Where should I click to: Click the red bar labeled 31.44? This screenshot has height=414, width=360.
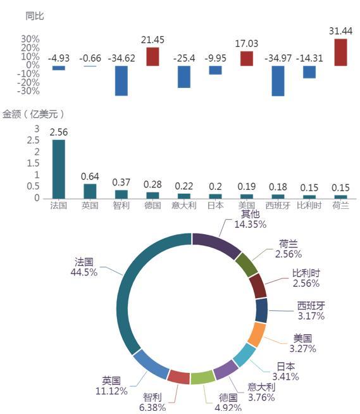pyautogui.click(x=340, y=53)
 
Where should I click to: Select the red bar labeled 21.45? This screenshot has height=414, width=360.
pyautogui.click(x=152, y=56)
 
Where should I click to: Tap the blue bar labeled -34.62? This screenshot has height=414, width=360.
pyautogui.click(x=121, y=80)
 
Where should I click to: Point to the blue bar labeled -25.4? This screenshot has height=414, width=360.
pyautogui.click(x=184, y=77)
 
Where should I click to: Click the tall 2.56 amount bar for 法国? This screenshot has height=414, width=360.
pyautogui.click(x=59, y=169)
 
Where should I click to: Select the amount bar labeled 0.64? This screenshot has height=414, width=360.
pyautogui.click(x=90, y=191)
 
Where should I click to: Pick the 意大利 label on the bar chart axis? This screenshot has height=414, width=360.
pyautogui.click(x=184, y=205)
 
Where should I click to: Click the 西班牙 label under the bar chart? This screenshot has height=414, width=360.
pyautogui.click(x=278, y=205)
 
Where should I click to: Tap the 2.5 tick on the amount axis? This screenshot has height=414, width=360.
pyautogui.click(x=33, y=140)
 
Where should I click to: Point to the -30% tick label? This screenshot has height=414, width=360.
pyautogui.click(x=28, y=91)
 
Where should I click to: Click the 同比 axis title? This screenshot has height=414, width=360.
pyautogui.click(x=35, y=16)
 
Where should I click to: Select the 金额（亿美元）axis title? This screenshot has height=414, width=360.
pyautogui.click(x=33, y=114)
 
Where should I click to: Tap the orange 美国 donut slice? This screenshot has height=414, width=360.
pyautogui.click(x=257, y=335)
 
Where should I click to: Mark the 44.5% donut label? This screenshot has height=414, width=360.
pyautogui.click(x=84, y=272)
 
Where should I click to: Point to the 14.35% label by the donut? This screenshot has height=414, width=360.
pyautogui.click(x=250, y=225)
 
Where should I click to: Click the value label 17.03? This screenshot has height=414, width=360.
pyautogui.click(x=247, y=44)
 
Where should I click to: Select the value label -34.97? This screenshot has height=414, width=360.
pyautogui.click(x=278, y=58)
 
